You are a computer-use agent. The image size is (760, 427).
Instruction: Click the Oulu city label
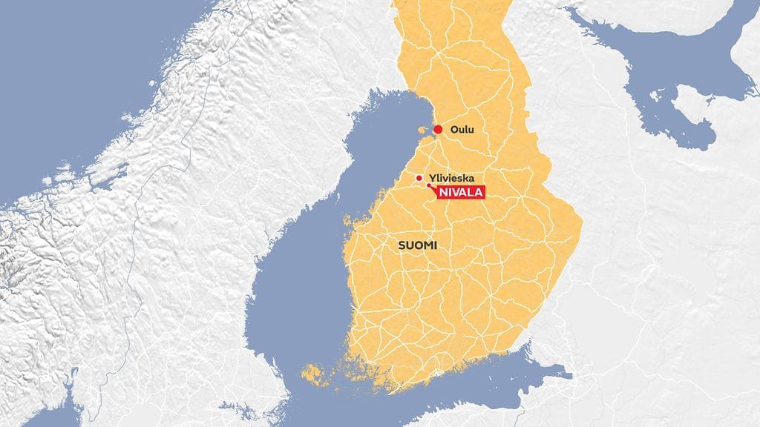point(462,130)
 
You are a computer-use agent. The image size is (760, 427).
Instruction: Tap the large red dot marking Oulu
point(438,130)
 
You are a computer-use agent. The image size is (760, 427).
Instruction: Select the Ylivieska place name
point(452,179)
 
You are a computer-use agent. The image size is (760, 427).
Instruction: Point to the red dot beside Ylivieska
point(419,178)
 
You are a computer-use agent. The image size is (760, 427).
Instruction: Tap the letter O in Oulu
point(454,130)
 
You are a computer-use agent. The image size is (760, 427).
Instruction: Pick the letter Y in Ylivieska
point(432,179)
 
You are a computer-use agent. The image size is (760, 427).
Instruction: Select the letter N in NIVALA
point(443,193)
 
